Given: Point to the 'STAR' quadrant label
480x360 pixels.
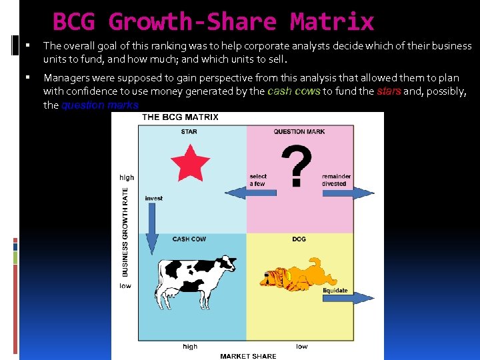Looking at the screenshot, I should (189, 131).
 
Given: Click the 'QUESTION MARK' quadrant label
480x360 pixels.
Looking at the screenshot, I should (299, 131).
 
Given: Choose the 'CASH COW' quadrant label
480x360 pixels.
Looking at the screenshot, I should (189, 239).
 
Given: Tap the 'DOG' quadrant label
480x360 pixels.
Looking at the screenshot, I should (299, 239).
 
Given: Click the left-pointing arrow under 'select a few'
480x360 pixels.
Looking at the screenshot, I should (263, 193).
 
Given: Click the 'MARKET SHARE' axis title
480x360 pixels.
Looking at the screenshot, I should (248, 356).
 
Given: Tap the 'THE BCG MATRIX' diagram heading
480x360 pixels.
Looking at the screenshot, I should (180, 117).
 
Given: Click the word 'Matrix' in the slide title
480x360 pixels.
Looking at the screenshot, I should (332, 22).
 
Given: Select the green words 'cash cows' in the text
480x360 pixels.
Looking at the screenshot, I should (294, 91).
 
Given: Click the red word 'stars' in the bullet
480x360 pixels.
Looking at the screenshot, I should (389, 91).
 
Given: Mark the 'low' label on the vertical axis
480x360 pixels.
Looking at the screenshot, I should (125, 286).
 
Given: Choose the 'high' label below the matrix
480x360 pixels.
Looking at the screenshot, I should (190, 347).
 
